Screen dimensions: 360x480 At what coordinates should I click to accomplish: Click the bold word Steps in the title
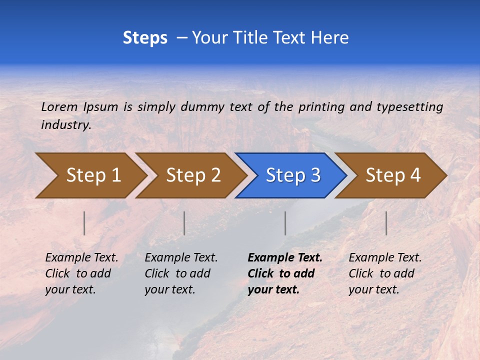click(x=145, y=38)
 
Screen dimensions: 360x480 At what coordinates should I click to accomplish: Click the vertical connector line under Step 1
click(x=84, y=223)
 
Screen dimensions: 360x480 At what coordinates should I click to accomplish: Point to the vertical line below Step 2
click(x=184, y=223)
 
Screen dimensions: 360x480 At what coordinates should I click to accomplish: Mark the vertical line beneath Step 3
click(x=285, y=223)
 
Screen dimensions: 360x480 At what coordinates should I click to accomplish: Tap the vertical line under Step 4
click(x=386, y=223)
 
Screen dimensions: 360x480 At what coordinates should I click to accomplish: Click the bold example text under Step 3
click(x=284, y=273)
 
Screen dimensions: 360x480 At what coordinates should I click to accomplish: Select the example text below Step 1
click(x=81, y=273)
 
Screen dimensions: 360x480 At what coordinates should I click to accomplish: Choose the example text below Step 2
click(x=181, y=273)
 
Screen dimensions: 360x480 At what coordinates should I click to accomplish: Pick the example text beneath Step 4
click(x=385, y=273)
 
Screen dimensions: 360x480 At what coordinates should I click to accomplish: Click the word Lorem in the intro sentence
click(x=59, y=106)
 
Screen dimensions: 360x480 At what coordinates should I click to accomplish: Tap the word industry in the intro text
click(x=66, y=124)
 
